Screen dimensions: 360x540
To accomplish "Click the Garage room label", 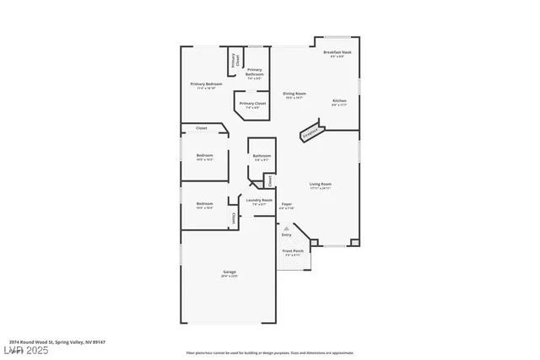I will pyautogui.click(x=229, y=271).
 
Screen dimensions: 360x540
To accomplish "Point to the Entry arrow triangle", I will pyautogui.click(x=286, y=227).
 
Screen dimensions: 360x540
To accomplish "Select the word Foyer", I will pyautogui.click(x=287, y=203).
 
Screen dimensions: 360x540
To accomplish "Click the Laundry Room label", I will pyautogui.click(x=259, y=200).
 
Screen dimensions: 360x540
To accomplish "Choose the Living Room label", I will pyautogui.click(x=321, y=184).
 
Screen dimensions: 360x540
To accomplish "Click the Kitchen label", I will pyautogui.click(x=338, y=100).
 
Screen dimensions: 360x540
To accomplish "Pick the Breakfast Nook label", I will pyautogui.click(x=337, y=52).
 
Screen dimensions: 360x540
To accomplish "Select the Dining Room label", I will pyautogui.click(x=294, y=94).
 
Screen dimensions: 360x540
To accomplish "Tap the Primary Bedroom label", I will pyautogui.click(x=206, y=83).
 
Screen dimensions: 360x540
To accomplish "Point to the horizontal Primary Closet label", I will pyautogui.click(x=252, y=104).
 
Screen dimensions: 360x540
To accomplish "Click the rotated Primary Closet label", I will pyautogui.click(x=235, y=60).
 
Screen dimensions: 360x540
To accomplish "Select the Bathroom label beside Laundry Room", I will pyautogui.click(x=262, y=155).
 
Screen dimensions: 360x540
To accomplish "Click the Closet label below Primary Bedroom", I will pyautogui.click(x=202, y=128).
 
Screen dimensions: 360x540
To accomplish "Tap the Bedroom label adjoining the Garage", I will pyautogui.click(x=205, y=203).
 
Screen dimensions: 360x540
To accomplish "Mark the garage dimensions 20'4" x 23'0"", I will pyautogui.click(x=229, y=277).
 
